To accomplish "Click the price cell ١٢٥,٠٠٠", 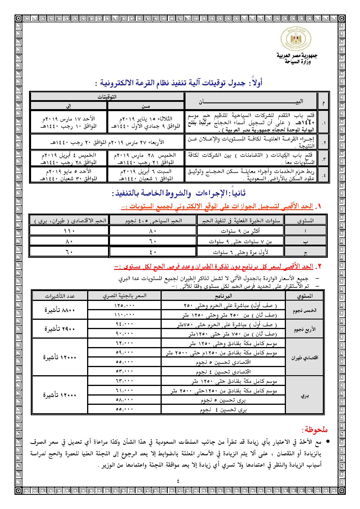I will point(124,306).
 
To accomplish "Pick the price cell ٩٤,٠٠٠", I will point(124,324).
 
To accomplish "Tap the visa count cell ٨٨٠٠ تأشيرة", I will point(60,310).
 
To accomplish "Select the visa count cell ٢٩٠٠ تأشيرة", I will point(60,329).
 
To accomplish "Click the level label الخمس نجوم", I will point(305,310).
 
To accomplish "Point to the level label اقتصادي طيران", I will point(305,358).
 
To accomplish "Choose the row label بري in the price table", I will point(305,396).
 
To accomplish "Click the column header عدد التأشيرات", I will point(60,296).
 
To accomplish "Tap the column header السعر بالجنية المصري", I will point(124,296).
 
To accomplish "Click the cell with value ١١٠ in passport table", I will point(69,231).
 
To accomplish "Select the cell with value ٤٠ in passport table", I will point(153,252).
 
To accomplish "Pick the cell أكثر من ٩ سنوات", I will point(240,231).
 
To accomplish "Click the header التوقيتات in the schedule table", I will point(107,97).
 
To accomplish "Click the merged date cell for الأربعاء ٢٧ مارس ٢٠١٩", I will point(107,142).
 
